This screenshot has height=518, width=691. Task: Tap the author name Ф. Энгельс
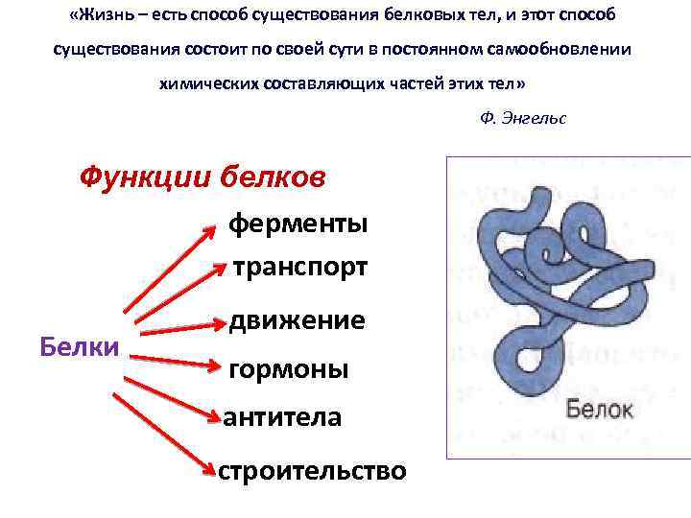tap(521, 118)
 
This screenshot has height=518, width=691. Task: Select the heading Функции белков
tap(203, 177)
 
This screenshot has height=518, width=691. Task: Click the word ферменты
tap(298, 224)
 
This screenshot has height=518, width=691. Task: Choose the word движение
tap(297, 319)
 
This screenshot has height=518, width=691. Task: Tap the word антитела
tap(282, 417)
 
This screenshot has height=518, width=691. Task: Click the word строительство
tap(312, 471)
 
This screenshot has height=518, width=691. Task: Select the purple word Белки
tap(80, 345)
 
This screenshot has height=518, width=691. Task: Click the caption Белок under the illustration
tap(600, 410)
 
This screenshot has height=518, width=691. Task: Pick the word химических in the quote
tap(206, 82)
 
